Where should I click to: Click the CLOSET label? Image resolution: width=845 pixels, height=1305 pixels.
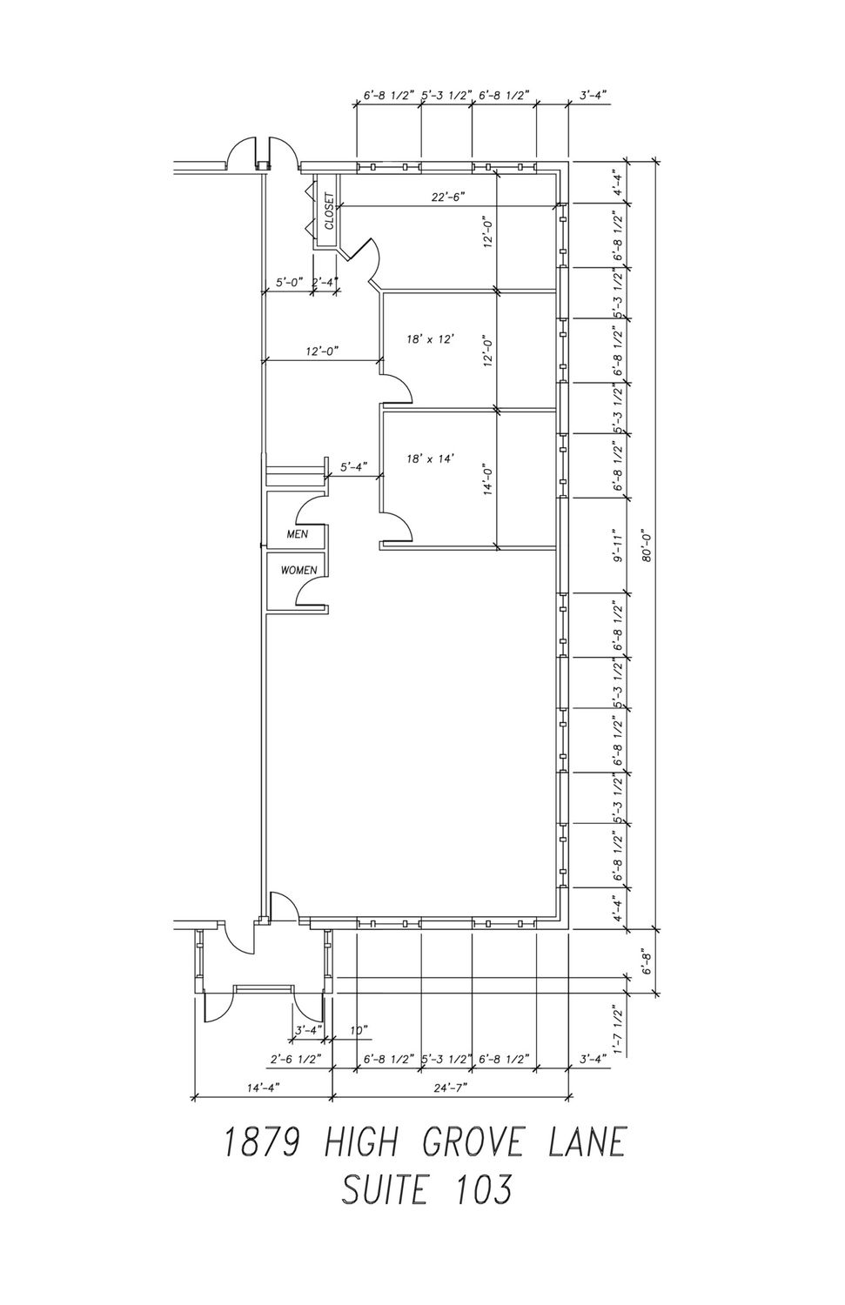329,211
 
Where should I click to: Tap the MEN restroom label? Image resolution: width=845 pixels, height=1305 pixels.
298,533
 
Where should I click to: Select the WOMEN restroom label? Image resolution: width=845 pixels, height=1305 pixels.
299,571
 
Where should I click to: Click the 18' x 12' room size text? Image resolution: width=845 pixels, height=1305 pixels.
430,339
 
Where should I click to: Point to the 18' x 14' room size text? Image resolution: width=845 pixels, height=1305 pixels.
430,459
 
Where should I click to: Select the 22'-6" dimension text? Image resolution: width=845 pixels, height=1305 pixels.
447,197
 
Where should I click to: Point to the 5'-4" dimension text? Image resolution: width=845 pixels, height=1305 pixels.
353,466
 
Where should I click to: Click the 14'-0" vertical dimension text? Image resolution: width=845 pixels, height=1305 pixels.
488,478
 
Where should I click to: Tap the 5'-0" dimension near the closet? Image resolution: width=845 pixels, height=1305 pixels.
290,283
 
